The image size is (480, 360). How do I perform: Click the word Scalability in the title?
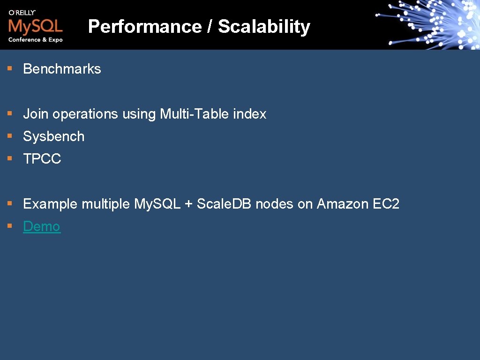(264, 27)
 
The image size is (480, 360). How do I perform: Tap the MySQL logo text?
(35, 25)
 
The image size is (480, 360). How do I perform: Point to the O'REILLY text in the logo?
(22, 12)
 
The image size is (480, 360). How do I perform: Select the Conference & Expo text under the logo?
(35, 40)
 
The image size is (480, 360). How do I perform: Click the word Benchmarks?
(62, 69)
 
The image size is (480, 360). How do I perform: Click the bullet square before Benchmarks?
(9, 68)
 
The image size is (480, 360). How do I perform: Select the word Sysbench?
(54, 136)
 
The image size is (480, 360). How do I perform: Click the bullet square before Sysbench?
(9, 136)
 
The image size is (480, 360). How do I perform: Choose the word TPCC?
(42, 159)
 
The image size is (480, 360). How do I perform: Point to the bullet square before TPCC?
(9, 158)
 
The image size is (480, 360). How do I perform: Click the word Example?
(50, 204)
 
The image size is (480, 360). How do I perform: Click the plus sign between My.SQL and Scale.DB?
(188, 204)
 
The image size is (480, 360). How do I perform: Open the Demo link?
(42, 226)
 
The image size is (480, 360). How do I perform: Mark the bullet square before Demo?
(9, 226)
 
